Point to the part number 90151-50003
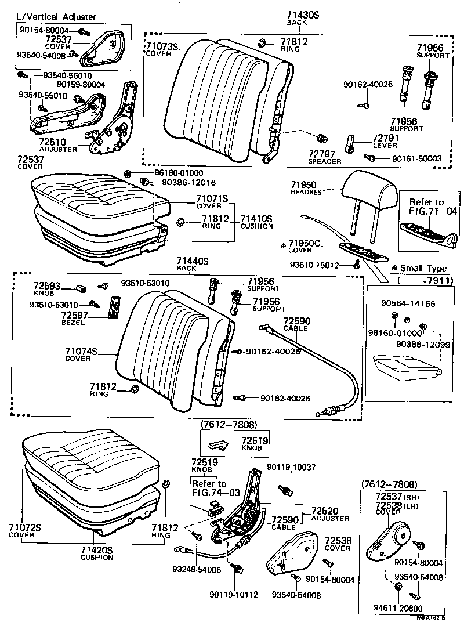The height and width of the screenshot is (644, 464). click(417, 158)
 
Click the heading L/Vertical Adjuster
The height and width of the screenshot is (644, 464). click(55, 17)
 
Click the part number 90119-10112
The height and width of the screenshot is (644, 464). click(234, 595)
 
